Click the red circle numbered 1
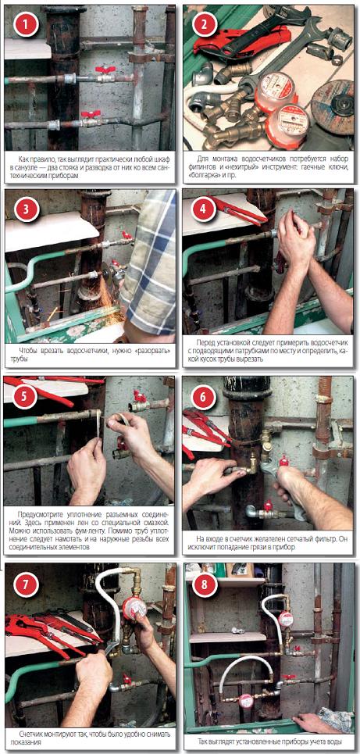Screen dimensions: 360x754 click(27, 24)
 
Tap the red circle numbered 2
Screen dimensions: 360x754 click(204, 25)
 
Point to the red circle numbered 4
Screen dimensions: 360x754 click(204, 209)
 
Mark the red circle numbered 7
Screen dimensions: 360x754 click(27, 586)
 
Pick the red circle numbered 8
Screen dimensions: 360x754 click(205, 586)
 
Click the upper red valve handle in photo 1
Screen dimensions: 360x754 click(105, 70)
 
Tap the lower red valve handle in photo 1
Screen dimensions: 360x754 click(91, 114)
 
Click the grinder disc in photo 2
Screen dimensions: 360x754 click(333, 100)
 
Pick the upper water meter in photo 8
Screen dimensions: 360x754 click(286, 619)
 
